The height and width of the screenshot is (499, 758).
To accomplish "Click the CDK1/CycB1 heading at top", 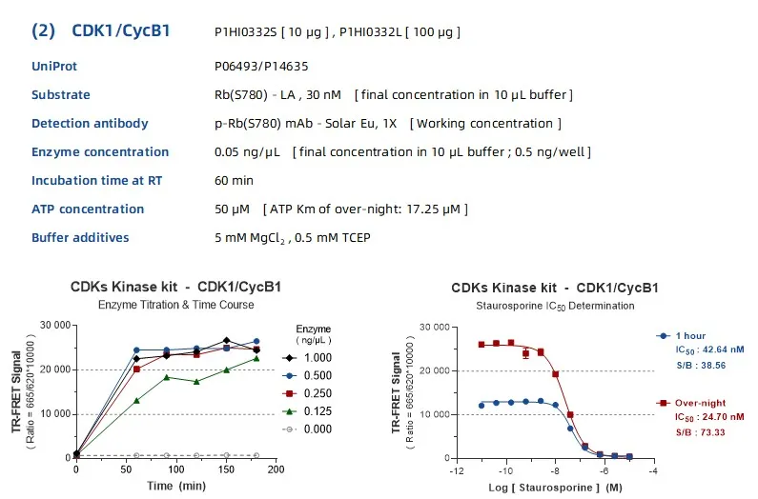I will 120,30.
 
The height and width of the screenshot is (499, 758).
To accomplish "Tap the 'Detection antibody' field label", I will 90,124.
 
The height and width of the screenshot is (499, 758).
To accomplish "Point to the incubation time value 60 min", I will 234,181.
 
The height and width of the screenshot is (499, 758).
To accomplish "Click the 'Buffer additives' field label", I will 80,238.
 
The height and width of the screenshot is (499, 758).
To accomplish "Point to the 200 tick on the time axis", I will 276,469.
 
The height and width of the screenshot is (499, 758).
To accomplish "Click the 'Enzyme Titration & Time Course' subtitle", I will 175,305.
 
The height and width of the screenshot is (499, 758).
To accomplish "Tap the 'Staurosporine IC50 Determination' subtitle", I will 555,306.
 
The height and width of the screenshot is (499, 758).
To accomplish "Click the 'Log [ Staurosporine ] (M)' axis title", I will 556,487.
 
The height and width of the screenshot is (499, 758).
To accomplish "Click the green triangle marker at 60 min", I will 136,400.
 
